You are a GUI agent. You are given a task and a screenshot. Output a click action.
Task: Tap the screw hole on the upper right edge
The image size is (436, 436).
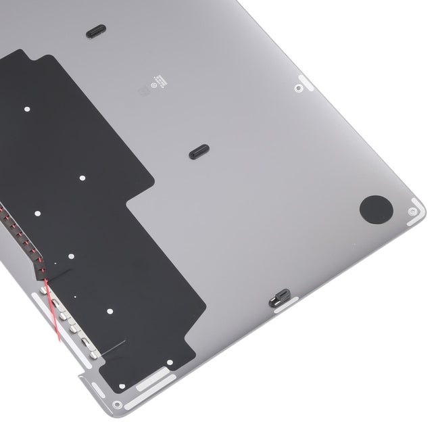point(297,86)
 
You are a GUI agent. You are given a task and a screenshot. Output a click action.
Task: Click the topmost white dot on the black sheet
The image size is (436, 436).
point(26,107)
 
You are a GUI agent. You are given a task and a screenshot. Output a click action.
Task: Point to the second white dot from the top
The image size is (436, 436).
point(82,178)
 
